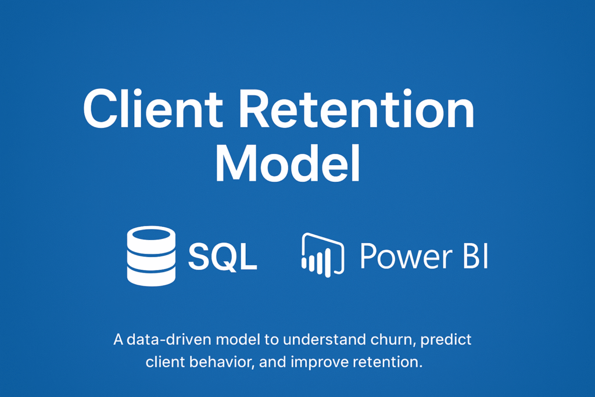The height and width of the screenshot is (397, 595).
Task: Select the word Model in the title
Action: tap(287, 163)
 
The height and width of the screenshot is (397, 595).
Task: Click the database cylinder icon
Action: tap(151, 256)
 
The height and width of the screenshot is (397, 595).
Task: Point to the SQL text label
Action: tap(223, 257)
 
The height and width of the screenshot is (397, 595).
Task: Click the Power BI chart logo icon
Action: tap(323, 255)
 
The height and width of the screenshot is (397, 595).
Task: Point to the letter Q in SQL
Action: tap(224, 257)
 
